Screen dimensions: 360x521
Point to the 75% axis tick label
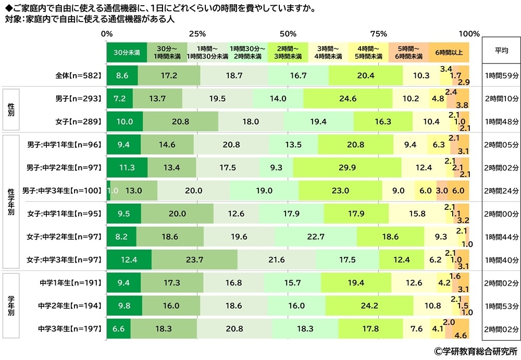coord(379,34)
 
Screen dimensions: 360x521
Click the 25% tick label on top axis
coord(197,34)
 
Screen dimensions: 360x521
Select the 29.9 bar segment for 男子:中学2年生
coord(347,168)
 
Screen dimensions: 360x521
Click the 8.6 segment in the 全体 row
coord(122,76)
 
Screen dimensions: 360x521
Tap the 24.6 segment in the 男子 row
coord(348,98)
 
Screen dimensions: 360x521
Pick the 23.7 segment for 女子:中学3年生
coord(194,259)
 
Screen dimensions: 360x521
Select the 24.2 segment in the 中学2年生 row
coord(369,306)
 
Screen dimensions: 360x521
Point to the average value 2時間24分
coord(501,191)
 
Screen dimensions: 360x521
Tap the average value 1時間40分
coord(501,259)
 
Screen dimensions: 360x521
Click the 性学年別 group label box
coord(11,202)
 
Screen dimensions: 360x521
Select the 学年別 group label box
coord(11,305)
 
